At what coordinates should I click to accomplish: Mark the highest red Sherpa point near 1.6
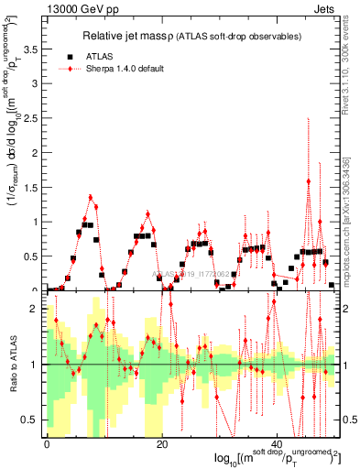click(x=309, y=181)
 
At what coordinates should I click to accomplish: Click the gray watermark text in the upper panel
click(x=194, y=273)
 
